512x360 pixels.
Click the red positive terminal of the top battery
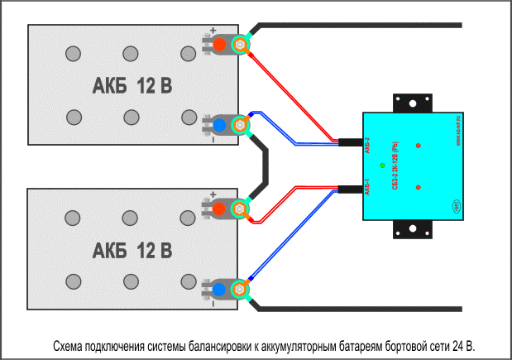220,44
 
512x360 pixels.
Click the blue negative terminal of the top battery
220,125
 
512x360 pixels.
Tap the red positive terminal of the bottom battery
220,209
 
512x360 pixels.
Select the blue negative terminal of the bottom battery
220,290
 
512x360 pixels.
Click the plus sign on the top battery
213,30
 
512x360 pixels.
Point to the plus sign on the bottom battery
213,195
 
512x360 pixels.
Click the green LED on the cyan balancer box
381,166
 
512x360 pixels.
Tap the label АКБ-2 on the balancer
367,147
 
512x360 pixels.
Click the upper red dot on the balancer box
419,146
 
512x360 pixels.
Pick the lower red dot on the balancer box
419,187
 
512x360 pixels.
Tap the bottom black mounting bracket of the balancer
411,231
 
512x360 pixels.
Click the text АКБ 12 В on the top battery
132,85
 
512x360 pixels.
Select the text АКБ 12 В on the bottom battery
132,250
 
